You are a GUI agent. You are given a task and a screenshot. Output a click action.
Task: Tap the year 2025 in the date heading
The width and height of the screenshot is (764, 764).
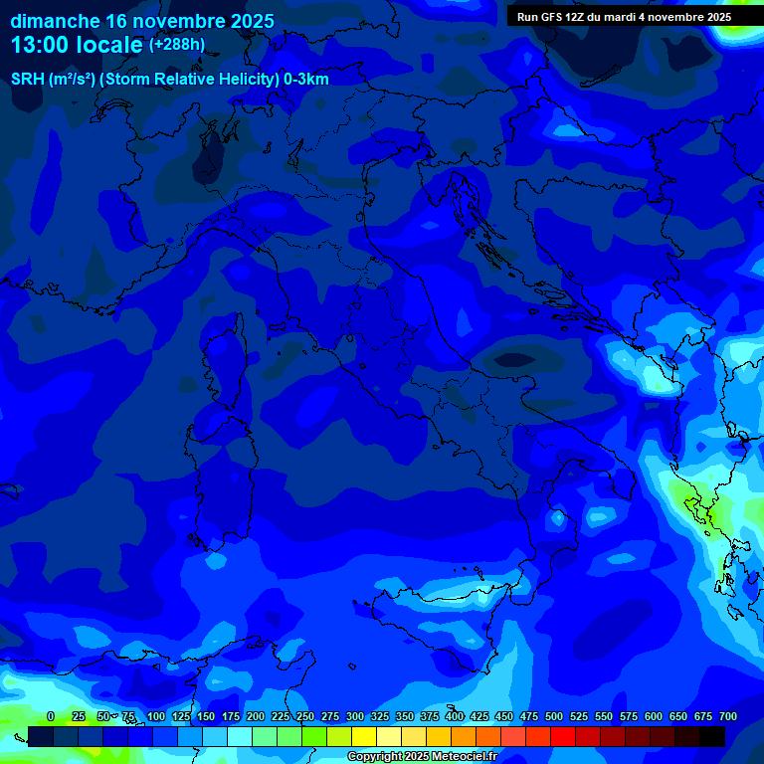[252, 21]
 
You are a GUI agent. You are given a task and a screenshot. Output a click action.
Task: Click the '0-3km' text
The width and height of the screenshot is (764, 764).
[306, 80]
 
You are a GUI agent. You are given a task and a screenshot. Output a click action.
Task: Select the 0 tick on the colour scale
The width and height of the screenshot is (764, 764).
[51, 716]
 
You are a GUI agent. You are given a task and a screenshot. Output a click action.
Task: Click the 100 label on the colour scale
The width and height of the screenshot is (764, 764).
[156, 716]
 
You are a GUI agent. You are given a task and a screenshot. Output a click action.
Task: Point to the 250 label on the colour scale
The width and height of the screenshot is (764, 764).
[305, 716]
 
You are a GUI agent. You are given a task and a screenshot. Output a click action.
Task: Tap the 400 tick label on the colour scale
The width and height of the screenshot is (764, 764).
[455, 716]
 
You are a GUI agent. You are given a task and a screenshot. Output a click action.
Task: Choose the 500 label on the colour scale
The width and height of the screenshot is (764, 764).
[554, 716]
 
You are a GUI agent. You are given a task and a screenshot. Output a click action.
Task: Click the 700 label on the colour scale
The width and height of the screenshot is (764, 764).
[728, 716]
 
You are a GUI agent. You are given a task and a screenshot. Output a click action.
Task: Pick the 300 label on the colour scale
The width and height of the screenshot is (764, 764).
[355, 716]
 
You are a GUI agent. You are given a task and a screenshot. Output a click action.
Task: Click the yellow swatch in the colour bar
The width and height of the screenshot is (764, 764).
[364, 736]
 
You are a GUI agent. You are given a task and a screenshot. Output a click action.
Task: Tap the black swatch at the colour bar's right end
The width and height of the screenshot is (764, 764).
[712, 736]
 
